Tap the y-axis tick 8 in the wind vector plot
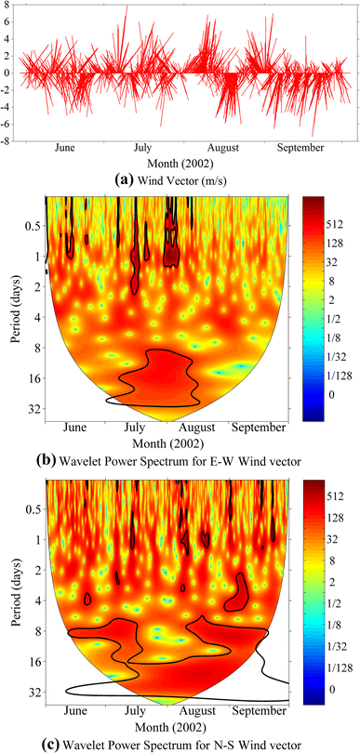point(7,7)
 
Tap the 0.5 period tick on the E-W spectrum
point(30,225)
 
